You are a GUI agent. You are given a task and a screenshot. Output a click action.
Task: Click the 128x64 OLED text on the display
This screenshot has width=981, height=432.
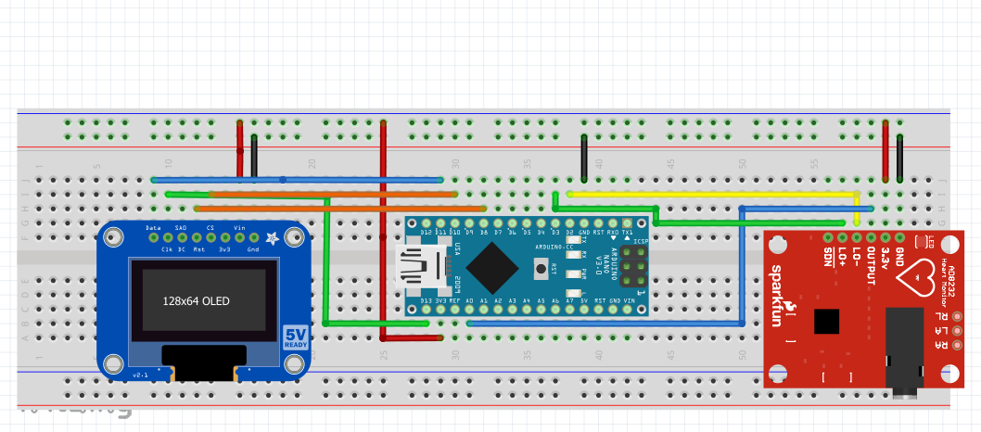[196, 301]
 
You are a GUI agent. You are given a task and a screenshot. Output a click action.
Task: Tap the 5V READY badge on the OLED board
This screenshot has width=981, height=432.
[296, 337]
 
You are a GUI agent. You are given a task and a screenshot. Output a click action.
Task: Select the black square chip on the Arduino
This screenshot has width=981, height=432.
[491, 270]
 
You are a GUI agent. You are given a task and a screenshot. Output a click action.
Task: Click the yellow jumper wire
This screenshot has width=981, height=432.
[709, 195]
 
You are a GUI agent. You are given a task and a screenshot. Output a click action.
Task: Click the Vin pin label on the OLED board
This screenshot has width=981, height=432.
[239, 227]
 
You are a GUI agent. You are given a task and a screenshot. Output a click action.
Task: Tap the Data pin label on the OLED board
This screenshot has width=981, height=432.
[154, 227]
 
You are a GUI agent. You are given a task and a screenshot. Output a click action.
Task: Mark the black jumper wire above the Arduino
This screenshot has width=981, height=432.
[584, 158]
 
